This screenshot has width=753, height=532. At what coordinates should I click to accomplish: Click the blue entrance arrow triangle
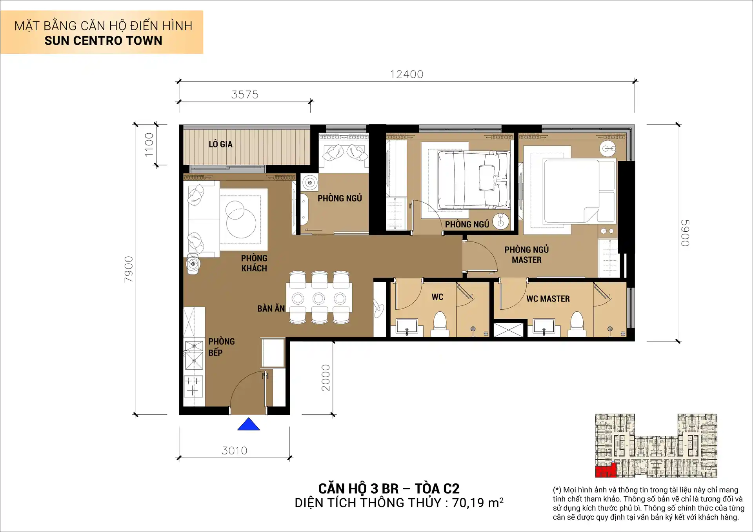tap(248, 425)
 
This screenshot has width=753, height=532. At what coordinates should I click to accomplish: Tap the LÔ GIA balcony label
tap(220, 144)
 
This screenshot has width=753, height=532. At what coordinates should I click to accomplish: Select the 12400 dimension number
tap(407, 74)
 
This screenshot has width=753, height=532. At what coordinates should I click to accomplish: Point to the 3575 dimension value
tap(245, 95)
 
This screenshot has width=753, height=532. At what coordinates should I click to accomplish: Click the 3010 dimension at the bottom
tap(235, 451)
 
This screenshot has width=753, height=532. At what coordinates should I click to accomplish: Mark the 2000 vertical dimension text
tap(326, 378)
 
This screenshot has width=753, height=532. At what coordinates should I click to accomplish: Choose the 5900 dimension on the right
tap(685, 233)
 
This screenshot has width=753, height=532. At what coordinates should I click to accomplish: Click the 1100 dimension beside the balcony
tap(149, 145)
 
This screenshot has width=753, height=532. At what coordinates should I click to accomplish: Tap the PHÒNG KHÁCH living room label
tap(254, 263)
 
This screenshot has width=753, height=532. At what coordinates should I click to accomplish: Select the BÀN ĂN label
tap(271, 309)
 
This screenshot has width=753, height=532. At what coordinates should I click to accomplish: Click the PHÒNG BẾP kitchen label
tap(221, 347)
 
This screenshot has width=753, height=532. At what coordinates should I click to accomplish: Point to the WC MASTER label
tap(548, 299)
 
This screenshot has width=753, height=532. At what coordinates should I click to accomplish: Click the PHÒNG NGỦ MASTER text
tap(526, 255)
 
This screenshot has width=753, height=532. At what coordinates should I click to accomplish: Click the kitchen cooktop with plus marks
tap(193, 386)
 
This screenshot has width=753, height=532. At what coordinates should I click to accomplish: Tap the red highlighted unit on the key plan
tap(606, 470)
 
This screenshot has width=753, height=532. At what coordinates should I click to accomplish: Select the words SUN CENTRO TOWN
tap(103, 41)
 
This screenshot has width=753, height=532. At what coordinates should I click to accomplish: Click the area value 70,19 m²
tap(477, 503)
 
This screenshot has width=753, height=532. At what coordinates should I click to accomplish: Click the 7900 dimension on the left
tap(129, 269)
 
